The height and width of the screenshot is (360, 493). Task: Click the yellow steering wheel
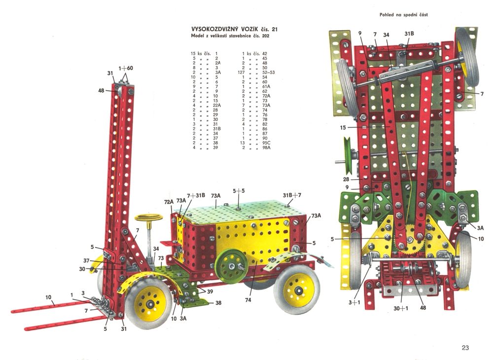point(148,217)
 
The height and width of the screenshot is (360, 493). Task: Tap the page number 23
point(465,348)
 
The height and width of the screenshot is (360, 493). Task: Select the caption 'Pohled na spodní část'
point(403,14)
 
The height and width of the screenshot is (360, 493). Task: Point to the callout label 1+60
point(125,68)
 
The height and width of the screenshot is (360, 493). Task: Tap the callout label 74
point(248,300)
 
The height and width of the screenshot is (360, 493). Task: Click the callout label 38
point(218,303)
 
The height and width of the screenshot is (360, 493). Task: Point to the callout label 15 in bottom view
point(343,127)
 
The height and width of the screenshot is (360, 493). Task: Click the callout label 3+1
point(354,303)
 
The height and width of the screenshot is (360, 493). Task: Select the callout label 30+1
point(401,308)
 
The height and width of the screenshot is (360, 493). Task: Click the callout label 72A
point(169,202)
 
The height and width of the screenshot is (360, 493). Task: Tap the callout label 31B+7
point(292,195)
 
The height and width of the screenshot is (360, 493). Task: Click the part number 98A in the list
point(266,147)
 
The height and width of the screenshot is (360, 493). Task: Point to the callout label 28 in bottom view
point(346,179)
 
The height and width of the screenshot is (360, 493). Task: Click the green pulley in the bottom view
point(348,156)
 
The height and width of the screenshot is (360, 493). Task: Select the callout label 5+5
point(239,191)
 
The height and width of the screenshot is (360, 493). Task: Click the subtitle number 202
point(266,36)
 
